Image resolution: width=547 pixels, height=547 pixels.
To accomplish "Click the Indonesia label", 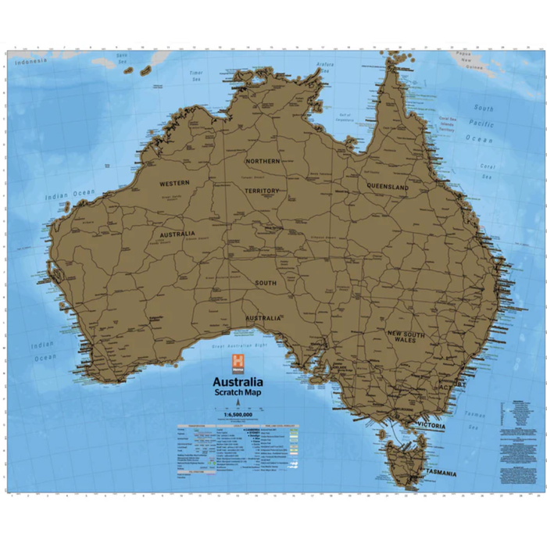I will [30, 62].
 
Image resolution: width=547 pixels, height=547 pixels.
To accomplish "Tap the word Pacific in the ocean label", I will [482, 123].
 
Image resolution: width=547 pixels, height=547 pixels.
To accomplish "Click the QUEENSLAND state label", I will [388, 188].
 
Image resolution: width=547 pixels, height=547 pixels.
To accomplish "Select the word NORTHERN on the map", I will [263, 161].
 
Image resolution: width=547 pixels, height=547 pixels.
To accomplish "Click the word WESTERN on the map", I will [175, 183].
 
